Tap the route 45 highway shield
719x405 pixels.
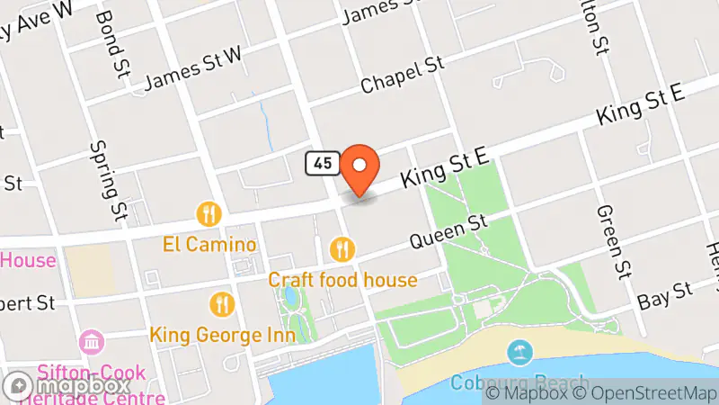(323, 163)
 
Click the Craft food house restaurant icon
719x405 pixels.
(342, 247)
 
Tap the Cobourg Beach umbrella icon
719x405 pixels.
(519, 352)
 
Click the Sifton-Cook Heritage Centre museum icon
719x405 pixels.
(93, 342)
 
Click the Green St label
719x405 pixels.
(610, 240)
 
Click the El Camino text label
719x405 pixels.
(209, 244)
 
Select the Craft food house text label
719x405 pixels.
(342, 280)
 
